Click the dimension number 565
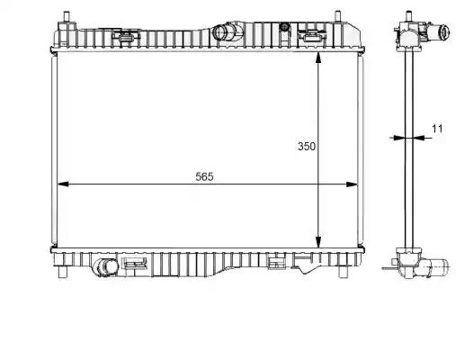pyautogui.click(x=204, y=176)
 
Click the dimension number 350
pyautogui.click(x=307, y=146)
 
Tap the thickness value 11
pyautogui.click(x=437, y=129)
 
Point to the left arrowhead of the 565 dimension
pyautogui.click(x=63, y=184)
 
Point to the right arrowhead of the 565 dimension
pyautogui.click(x=352, y=184)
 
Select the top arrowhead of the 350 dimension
pyautogui.click(x=318, y=58)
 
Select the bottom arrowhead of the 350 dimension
pyautogui.click(x=318, y=242)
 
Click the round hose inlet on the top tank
pyautogui.click(x=221, y=31)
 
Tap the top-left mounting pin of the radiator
pyautogui.click(x=67, y=17)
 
